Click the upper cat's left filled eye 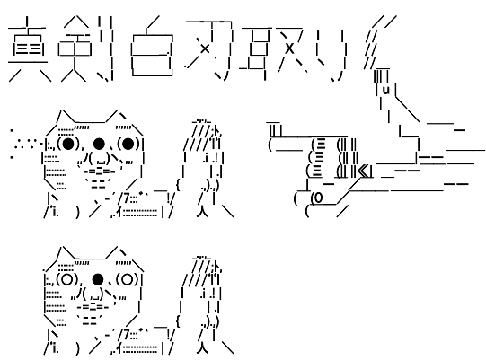pos(68,144)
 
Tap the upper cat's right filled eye pos(128,144)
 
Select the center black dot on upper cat pos(98,144)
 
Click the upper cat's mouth pos(98,162)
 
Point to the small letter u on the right pos(384,90)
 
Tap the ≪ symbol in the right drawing pos(364,168)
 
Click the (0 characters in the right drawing pos(317,198)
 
